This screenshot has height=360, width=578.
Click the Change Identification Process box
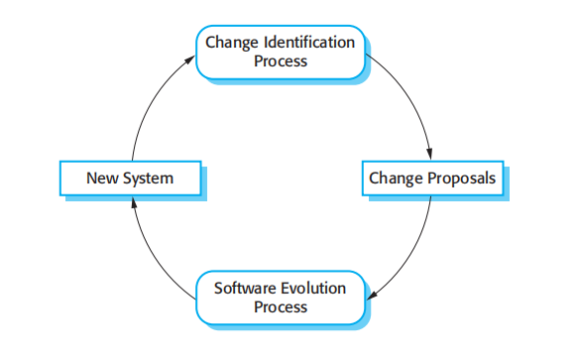point(281,53)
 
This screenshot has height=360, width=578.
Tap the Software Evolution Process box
point(281,297)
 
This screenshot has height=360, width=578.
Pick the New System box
point(131,180)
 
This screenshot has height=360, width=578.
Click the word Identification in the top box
point(308,43)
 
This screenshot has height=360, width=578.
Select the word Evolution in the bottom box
point(311,288)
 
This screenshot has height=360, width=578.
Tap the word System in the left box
point(148,180)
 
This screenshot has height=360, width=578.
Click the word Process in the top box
point(281,61)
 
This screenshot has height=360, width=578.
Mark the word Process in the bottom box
point(281,306)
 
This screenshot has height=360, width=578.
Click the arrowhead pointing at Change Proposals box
point(429,156)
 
